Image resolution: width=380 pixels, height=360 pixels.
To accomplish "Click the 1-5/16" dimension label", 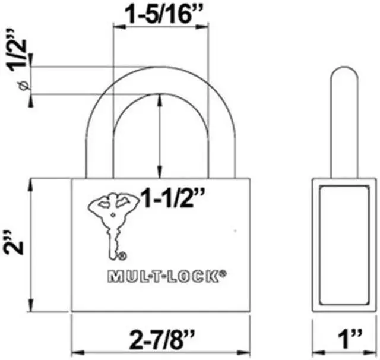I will (160, 13).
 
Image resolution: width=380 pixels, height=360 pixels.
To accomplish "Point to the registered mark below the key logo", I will (122, 257).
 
